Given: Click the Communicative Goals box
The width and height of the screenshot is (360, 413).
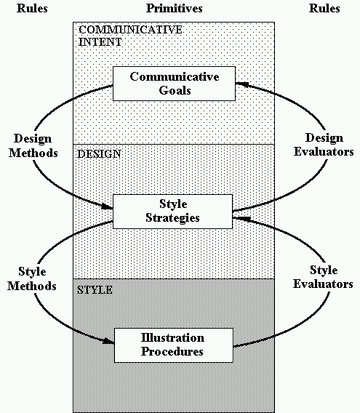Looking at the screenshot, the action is point(174,84).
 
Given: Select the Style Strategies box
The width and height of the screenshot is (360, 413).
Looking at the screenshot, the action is point(172,212).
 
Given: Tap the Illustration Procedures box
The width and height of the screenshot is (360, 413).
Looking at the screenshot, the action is point(174,345).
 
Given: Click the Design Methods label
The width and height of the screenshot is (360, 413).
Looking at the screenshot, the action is point(33,145).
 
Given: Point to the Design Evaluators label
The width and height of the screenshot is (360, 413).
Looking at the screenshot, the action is point(324,145).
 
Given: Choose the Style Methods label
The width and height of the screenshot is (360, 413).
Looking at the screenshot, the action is point(32,278).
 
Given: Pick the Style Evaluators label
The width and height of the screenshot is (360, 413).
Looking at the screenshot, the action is point(323,277).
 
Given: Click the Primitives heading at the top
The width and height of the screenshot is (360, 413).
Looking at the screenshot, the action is point(175,9).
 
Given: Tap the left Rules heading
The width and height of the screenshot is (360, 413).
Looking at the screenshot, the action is point(32,9).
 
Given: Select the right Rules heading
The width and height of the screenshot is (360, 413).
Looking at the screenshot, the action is point(324,9).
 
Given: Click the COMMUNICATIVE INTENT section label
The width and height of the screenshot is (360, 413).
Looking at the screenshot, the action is point(130,36).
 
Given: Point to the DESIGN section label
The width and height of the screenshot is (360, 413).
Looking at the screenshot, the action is point(99,154).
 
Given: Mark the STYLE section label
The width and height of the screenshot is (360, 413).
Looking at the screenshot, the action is point(95,290).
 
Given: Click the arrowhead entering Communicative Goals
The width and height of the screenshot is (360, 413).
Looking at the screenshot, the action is point(241,84).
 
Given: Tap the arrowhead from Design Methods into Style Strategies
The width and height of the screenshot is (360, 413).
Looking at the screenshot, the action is point(107,206).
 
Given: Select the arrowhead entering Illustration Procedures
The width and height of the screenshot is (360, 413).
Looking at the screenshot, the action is point(108,341).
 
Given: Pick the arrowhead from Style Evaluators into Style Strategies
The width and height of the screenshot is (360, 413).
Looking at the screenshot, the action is point(239,218).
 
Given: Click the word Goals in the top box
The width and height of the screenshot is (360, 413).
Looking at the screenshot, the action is point(175,91).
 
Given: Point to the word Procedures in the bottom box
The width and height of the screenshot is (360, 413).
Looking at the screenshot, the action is point(172,352).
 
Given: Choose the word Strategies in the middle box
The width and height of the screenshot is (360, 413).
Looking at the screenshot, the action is point(172,218).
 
